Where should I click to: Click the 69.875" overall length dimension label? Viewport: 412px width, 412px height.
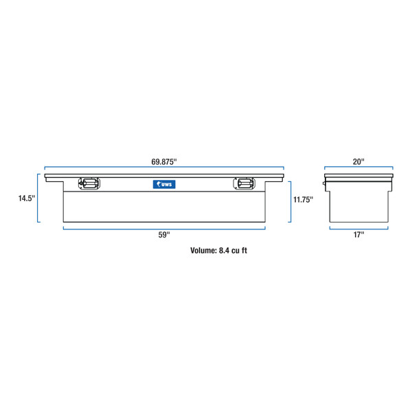164,162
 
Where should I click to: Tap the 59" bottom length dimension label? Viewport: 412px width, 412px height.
163,235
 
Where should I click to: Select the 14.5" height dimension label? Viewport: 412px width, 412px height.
27,198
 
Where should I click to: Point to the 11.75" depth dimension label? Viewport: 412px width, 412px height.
303,200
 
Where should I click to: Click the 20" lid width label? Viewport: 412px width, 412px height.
358,161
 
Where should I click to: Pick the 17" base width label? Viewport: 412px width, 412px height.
358,235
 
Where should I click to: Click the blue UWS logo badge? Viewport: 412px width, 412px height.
163,183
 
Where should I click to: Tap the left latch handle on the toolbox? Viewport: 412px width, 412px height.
89,183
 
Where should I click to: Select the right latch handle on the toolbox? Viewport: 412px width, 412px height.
243,183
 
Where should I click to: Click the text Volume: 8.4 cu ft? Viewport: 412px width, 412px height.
218,251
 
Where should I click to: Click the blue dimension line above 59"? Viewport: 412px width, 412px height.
163,228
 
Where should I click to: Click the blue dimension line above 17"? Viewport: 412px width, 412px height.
358,228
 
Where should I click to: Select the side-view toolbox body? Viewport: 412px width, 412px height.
358,204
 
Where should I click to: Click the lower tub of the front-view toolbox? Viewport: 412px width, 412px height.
163,206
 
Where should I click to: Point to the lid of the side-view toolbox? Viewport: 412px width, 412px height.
358,176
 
